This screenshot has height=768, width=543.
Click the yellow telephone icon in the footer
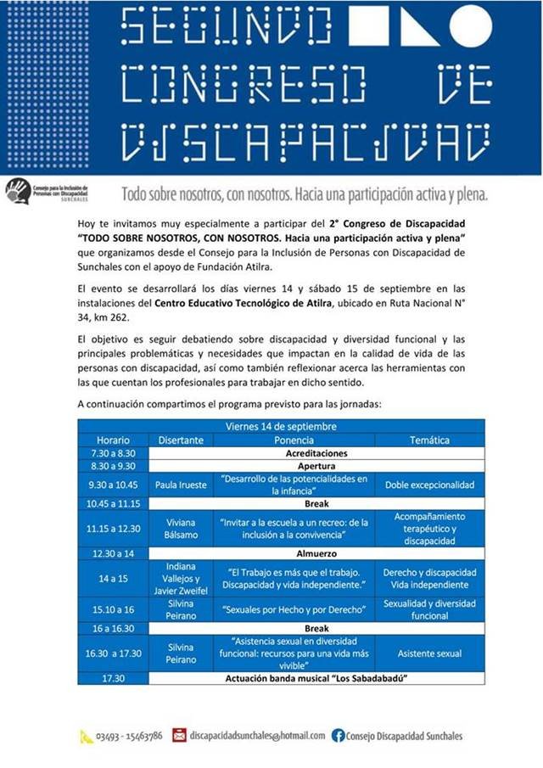pyautogui.click(x=87, y=736)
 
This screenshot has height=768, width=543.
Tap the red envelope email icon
pyautogui.click(x=179, y=735)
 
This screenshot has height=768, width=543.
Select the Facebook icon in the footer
pyautogui.click(x=338, y=735)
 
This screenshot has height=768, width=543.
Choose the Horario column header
pyautogui.click(x=113, y=440)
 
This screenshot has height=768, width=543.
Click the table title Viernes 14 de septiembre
pyautogui.click(x=281, y=426)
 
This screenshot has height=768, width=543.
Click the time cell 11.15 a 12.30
pyautogui.click(x=113, y=529)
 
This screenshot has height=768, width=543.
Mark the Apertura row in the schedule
pyautogui.click(x=316, y=466)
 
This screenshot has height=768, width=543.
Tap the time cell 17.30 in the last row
pyautogui.click(x=113, y=679)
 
